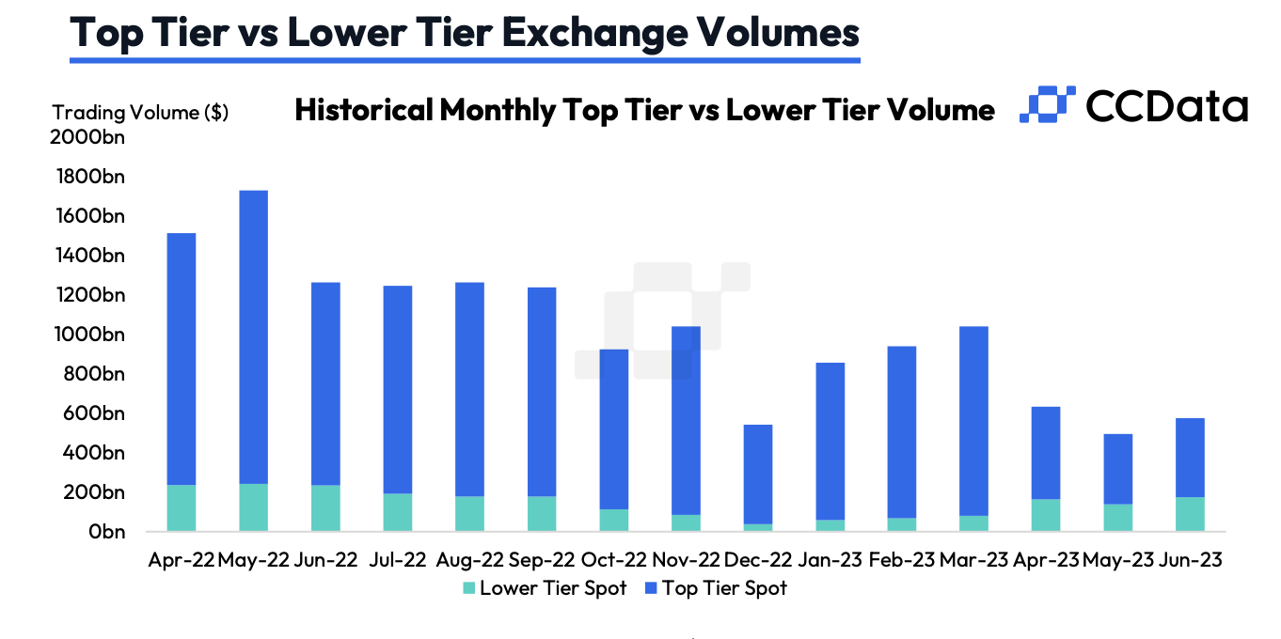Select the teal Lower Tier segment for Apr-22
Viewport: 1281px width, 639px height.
point(182,507)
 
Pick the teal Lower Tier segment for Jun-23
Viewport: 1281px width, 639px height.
point(1190,514)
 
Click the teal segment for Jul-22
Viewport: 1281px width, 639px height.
point(398,511)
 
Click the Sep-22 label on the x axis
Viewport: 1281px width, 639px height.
point(542,560)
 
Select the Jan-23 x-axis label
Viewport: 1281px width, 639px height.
point(830,560)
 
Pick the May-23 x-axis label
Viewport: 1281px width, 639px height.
point(1117,560)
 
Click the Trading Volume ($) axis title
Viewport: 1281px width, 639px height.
point(140,113)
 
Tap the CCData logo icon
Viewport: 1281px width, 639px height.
point(1047,105)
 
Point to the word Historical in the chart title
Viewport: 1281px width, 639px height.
point(364,110)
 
